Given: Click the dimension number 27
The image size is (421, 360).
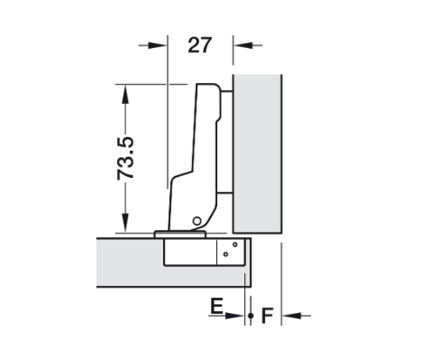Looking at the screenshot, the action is pos(200,45).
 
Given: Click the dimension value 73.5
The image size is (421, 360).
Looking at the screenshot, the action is pos(125,159).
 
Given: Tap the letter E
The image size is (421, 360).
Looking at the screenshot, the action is pos(216,306).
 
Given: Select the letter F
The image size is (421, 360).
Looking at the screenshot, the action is pos(267,316).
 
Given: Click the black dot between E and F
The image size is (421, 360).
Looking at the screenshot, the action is pos(251,316).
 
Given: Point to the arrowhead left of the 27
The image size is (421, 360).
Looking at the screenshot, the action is pos(158,45).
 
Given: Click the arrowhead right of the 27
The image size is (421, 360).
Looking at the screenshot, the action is pos(243,45).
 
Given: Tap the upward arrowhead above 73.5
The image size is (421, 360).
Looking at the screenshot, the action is pos(125,94).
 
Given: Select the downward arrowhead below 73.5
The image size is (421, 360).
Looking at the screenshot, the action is pos(125,223).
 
